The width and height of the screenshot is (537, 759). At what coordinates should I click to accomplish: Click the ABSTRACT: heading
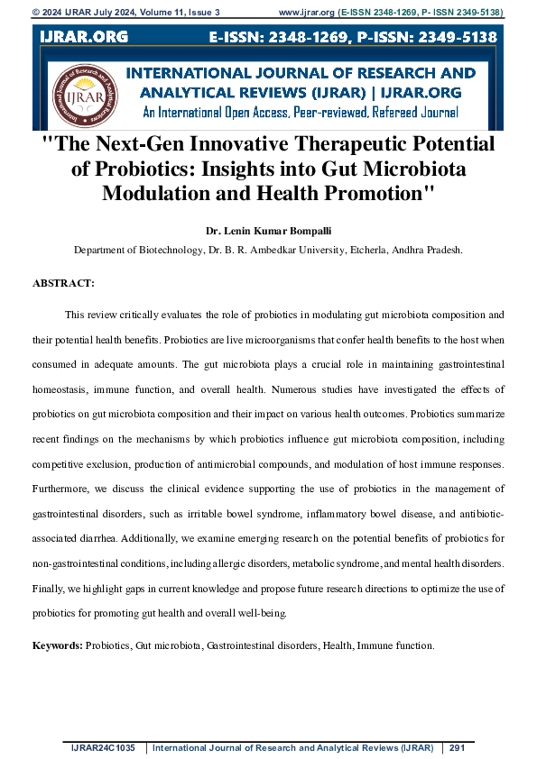click(x=63, y=283)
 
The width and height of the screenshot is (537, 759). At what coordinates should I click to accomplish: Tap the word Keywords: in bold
click(x=58, y=645)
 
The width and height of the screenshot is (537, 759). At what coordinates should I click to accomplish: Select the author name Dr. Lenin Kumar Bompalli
click(x=268, y=232)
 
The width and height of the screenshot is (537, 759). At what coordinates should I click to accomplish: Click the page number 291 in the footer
click(x=457, y=747)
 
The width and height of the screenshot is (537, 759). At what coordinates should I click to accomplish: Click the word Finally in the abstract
click(x=49, y=588)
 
